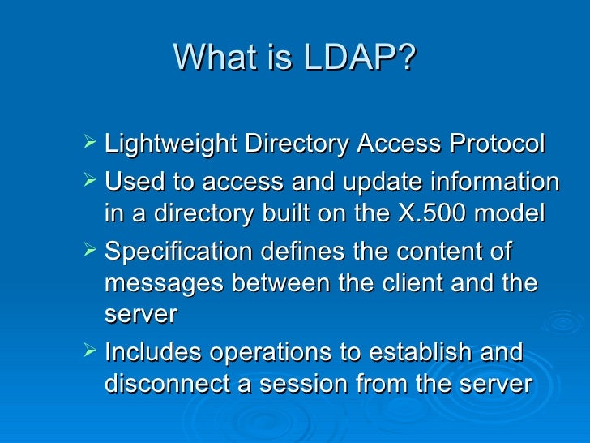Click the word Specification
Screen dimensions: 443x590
click(179, 252)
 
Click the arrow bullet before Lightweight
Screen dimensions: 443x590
click(89, 144)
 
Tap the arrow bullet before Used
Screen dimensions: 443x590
click(89, 180)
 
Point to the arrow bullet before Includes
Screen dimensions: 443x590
click(89, 352)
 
